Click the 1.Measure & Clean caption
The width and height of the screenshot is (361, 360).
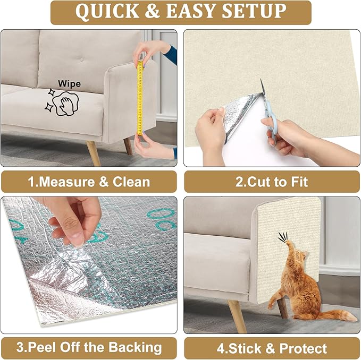click(89, 182)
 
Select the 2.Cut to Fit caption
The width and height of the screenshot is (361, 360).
click(271, 182)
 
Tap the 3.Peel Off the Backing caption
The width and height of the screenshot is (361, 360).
click(89, 348)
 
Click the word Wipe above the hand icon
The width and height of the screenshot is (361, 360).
click(69, 84)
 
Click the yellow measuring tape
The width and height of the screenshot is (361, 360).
click(140, 98)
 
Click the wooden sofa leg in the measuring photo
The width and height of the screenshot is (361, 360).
click(94, 153)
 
